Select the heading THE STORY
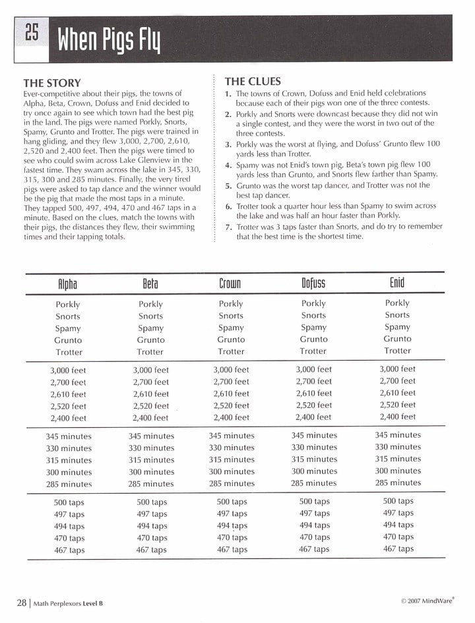tap(51, 83)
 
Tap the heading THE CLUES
tap(253, 82)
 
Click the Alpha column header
tap(68, 285)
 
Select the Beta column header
tap(150, 285)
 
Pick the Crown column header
tap(230, 284)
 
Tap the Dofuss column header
tap(313, 284)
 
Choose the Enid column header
tap(397, 283)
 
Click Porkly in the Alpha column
tap(68, 305)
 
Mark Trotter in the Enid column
tap(397, 351)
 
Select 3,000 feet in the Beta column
tap(151, 371)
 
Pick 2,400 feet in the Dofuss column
tap(314, 417)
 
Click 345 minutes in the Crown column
tap(232, 436)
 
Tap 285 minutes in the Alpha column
tap(69, 484)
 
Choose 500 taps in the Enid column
tap(398, 501)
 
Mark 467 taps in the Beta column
tap(152, 550)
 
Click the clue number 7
tap(228, 226)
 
